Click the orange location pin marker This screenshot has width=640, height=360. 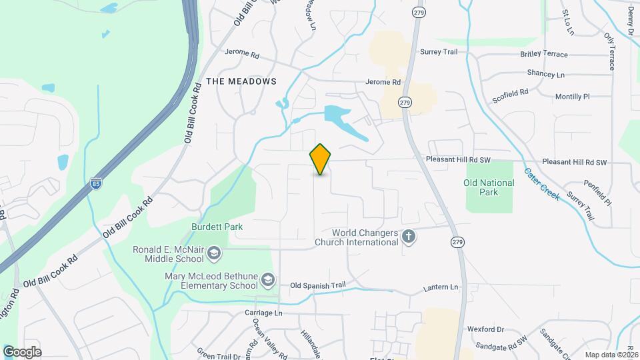[x=321, y=159]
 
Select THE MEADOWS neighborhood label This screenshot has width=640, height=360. [x=241, y=81]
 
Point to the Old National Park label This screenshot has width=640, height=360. [x=489, y=187]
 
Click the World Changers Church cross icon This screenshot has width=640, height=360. [x=409, y=237]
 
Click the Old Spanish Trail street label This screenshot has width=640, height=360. [x=318, y=285]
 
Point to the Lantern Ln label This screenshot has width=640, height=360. [x=441, y=287]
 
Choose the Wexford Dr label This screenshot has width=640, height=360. [x=485, y=329]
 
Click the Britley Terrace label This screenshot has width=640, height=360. [x=544, y=55]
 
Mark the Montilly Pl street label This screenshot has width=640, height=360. [x=573, y=97]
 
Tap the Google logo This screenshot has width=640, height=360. [x=22, y=352]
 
